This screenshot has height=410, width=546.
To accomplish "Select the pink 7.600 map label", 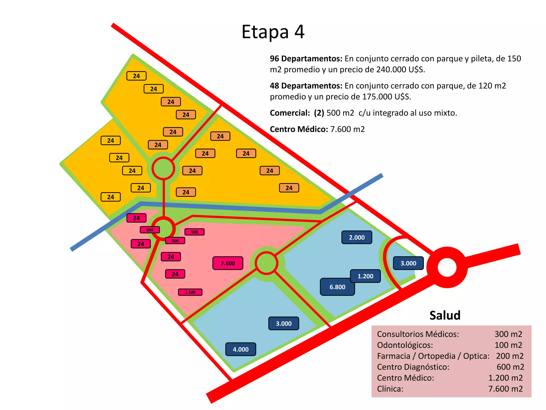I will (228, 263).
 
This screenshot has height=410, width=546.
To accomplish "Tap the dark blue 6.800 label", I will (337, 287).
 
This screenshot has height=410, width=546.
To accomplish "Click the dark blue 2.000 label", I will (357, 237).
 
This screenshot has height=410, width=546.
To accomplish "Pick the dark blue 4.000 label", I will (240, 349).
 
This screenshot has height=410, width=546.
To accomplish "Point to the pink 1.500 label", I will (190, 292).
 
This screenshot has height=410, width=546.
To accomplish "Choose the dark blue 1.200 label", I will (365, 276).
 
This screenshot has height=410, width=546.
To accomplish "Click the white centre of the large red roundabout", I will (447, 267).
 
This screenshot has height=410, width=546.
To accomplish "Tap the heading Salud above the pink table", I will (445, 315).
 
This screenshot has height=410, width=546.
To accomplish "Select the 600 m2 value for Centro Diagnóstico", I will (510, 367).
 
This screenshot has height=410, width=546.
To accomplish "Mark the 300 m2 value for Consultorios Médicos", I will (508, 334).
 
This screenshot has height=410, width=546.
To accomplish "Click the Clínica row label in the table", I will (390, 389).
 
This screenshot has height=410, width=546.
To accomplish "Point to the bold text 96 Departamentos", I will (306, 58).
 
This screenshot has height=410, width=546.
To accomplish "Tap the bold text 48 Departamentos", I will (306, 86).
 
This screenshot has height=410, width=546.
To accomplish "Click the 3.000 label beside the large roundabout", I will (408, 263).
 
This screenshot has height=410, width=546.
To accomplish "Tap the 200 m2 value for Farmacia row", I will (509, 356).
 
